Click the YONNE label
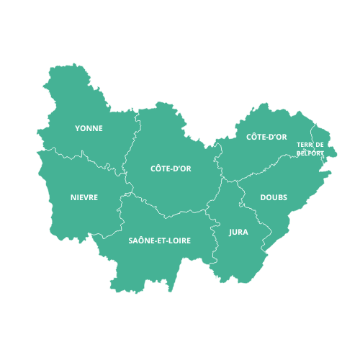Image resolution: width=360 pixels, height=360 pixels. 89,128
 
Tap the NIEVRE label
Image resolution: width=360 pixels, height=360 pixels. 84,197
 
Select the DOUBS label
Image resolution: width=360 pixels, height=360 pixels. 274,197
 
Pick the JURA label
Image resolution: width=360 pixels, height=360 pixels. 238,233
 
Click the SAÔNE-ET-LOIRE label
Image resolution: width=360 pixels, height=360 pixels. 159,240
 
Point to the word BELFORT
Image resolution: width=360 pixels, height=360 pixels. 310,153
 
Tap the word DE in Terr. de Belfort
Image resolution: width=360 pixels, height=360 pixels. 319,145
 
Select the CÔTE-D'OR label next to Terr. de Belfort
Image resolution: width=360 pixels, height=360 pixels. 266,137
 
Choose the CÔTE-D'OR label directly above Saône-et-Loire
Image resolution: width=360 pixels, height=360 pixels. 170,168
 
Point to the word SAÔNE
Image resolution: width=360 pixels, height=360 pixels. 141,240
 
